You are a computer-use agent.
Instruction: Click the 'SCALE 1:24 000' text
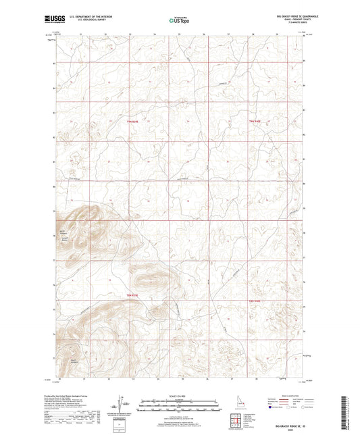pyautogui.click(x=180, y=395)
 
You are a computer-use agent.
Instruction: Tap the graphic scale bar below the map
pyautogui.click(x=180, y=403)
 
